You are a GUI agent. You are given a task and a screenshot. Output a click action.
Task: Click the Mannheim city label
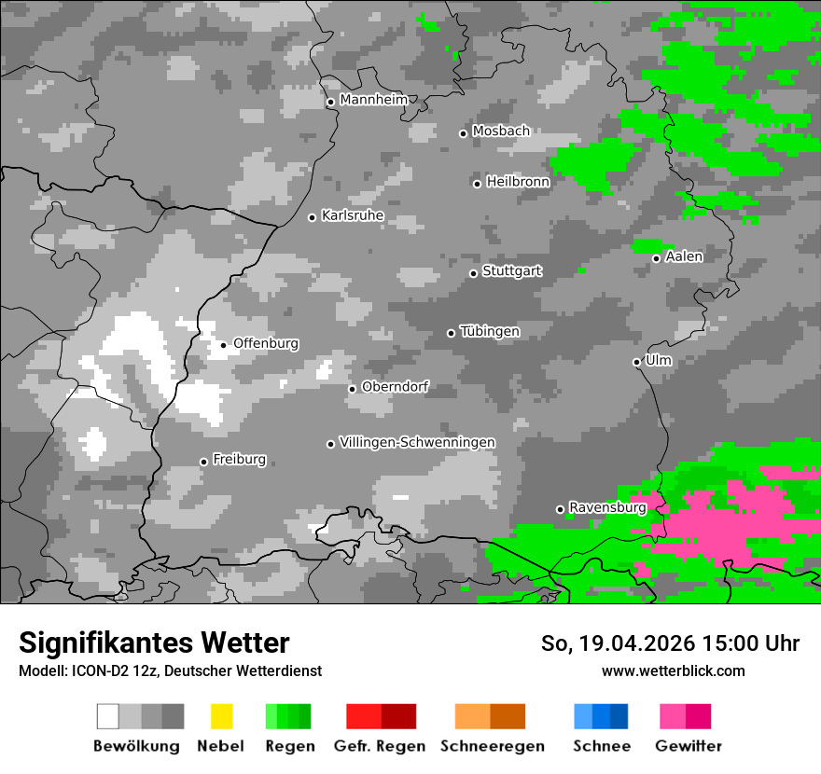point(373,100)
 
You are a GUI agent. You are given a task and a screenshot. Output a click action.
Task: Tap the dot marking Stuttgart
point(473,273)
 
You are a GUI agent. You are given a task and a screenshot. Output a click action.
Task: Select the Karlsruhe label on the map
point(352,215)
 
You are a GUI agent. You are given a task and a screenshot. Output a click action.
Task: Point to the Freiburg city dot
point(203,462)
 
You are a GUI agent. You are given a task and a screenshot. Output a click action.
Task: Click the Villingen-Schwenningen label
point(417,442)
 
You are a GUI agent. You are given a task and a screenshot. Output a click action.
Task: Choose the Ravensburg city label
point(607,508)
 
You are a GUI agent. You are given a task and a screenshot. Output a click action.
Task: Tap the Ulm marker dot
point(636,362)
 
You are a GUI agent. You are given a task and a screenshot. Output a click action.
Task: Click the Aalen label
point(684,256)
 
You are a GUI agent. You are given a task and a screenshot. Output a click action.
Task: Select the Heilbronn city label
point(518,182)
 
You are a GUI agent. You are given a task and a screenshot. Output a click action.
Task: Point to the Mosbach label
point(500,131)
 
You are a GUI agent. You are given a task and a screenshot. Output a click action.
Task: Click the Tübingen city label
point(490,332)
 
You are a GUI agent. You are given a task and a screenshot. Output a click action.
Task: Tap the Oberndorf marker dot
point(352,389)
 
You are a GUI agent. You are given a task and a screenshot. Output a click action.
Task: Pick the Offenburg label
point(266,343)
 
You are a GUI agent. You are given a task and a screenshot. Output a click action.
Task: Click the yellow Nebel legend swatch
point(221,716)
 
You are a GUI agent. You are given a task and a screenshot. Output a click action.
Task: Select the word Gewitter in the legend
point(688,746)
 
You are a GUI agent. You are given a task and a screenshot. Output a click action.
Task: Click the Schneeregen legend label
point(492,746)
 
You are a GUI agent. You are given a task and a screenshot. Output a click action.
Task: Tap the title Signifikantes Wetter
point(154,643)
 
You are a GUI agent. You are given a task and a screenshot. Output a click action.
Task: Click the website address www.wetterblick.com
point(673,670)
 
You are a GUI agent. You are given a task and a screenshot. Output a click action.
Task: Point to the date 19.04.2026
point(632,643)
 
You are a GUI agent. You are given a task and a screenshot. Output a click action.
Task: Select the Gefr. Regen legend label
point(380,746)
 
